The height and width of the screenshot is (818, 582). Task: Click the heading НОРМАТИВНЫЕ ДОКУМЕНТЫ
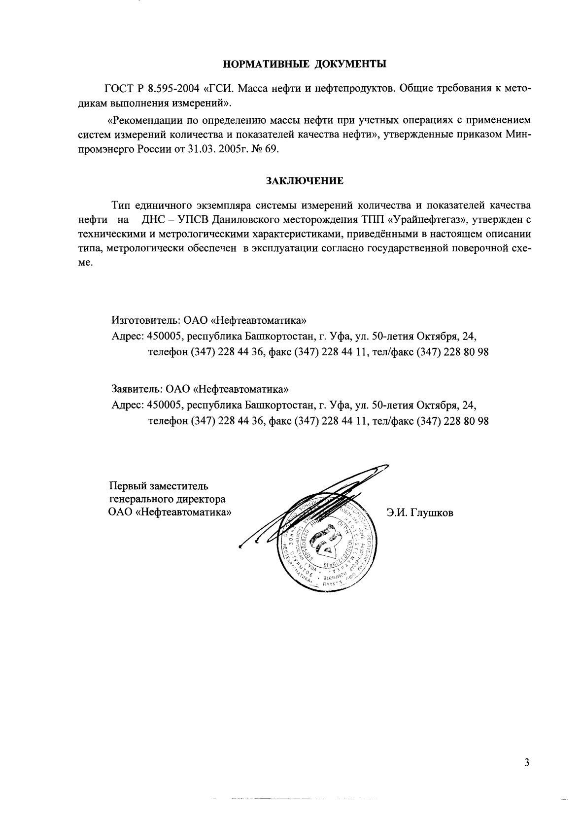click(305, 64)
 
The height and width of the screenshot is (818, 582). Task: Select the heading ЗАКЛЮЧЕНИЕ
click(305, 180)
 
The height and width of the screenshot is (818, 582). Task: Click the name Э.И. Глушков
click(420, 513)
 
